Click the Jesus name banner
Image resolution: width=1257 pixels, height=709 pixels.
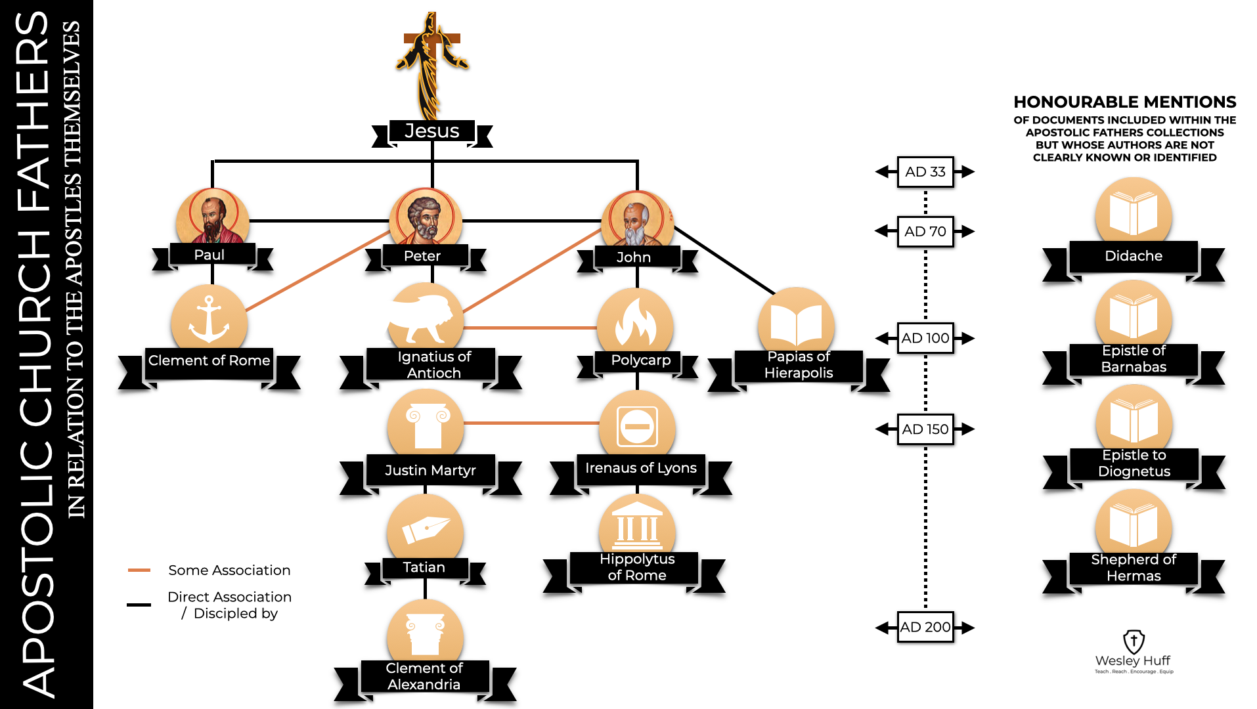[431, 131]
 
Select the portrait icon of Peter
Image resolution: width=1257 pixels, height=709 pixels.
[425, 218]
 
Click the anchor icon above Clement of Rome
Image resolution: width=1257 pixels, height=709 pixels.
[209, 318]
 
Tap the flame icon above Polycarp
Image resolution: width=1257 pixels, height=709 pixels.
[635, 322]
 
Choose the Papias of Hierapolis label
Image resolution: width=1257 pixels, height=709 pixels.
[798, 365]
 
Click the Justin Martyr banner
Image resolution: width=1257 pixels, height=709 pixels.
[430, 470]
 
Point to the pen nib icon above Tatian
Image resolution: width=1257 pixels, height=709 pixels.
[425, 528]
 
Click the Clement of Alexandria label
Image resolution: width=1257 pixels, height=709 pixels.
[424, 676]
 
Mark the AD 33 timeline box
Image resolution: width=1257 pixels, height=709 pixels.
[925, 172]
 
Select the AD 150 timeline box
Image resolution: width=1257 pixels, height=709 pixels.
[925, 429]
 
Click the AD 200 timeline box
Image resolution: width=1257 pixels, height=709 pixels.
[925, 627]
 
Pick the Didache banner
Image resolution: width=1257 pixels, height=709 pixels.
[1133, 256]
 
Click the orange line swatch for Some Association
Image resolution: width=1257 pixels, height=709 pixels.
[139, 570]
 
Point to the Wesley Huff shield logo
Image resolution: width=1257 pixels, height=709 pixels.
[1134, 641]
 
